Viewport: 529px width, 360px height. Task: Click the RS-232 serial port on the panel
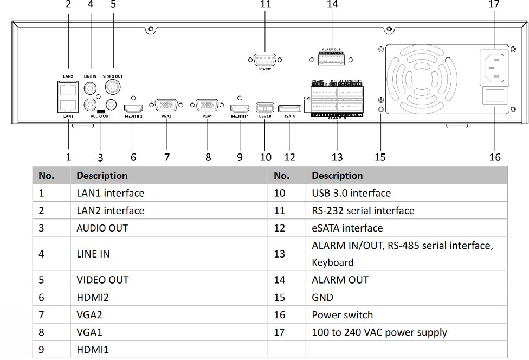point(264,60)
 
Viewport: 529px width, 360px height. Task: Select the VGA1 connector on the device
point(208,106)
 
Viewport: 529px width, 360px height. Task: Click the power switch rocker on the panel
point(496,98)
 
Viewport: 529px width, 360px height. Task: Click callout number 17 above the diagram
point(493,4)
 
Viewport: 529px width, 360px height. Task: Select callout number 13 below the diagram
point(337,157)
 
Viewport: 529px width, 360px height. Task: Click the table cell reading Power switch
point(342,315)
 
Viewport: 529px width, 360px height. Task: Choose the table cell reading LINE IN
point(93,254)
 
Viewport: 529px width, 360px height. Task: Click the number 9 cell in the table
point(42,350)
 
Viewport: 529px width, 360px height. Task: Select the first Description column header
point(102,176)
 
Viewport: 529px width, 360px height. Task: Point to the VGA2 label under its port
point(166,116)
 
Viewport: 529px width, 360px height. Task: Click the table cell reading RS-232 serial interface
point(363,211)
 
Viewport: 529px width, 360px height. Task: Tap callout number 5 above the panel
point(113,4)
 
